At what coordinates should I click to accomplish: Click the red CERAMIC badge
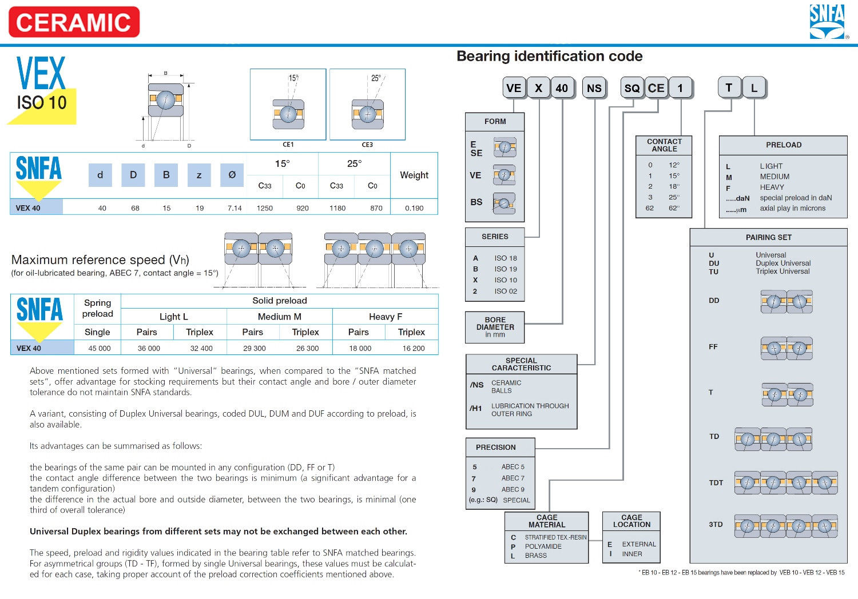coord(74,22)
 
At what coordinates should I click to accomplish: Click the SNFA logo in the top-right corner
coord(827,22)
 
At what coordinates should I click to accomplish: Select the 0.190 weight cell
coord(414,208)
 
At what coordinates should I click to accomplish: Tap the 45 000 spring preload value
coord(100,348)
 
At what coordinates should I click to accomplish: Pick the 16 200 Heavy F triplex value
coord(414,348)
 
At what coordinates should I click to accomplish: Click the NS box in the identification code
coord(594,88)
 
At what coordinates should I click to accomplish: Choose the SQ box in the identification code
coord(632,88)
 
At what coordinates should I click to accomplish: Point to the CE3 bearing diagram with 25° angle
coord(367,105)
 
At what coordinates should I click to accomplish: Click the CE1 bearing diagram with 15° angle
coord(288,105)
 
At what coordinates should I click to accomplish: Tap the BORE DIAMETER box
coord(495,327)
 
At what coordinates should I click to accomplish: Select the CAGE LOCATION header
coord(631,521)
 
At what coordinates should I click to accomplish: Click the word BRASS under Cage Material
coord(536,556)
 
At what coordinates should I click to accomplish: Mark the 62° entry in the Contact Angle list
coord(674,208)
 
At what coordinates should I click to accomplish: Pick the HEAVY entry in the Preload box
coord(772,187)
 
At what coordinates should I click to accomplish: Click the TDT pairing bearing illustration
coord(786,483)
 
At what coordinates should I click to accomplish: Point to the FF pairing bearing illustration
coord(786,348)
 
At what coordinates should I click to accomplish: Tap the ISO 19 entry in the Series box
coord(506,269)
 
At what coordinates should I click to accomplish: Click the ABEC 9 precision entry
coord(513,489)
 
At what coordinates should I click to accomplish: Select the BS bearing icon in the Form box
coord(504,203)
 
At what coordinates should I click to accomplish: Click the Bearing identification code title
coord(549,56)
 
